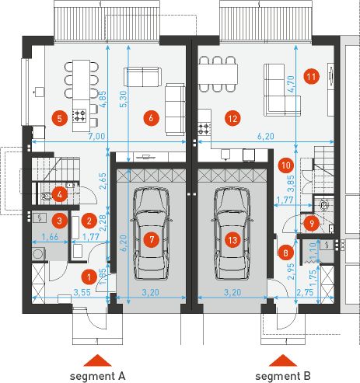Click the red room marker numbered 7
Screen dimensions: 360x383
[x=152, y=239]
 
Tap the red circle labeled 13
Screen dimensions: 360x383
[x=232, y=240]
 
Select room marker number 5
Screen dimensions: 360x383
[x=60, y=119]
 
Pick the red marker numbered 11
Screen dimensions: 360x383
[x=311, y=77]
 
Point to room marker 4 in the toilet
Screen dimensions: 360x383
[x=59, y=194]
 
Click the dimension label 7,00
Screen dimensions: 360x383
[x=96, y=136]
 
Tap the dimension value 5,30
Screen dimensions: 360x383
[x=124, y=99]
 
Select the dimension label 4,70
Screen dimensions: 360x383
[x=291, y=84]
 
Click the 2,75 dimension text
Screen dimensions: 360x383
[x=305, y=292]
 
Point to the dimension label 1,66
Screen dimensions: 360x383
[x=50, y=237]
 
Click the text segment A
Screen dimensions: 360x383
[x=97, y=376]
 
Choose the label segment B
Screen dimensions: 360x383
[x=283, y=376]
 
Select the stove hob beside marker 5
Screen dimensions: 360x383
[x=79, y=116]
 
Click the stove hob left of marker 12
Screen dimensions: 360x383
[x=204, y=129]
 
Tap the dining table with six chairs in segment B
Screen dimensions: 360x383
[x=218, y=74]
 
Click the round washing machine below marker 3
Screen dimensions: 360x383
[x=38, y=253]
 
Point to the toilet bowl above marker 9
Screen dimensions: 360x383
[x=323, y=205]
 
